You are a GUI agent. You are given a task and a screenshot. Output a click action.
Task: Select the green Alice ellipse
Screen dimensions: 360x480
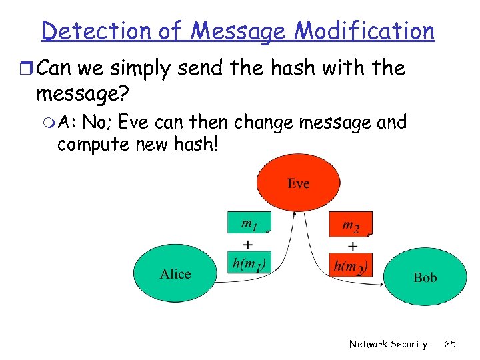175,274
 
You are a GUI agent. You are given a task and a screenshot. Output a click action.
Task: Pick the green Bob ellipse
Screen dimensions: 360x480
425,277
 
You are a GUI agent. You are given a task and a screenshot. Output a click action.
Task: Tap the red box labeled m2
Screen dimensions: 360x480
351,225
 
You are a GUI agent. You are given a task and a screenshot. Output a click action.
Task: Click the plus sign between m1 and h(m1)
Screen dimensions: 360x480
247,244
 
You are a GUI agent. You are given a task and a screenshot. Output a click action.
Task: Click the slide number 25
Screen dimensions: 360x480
450,344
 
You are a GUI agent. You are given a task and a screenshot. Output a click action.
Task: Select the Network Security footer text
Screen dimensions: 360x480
388,344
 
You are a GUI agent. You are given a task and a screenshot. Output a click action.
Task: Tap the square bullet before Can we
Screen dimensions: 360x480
25,69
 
